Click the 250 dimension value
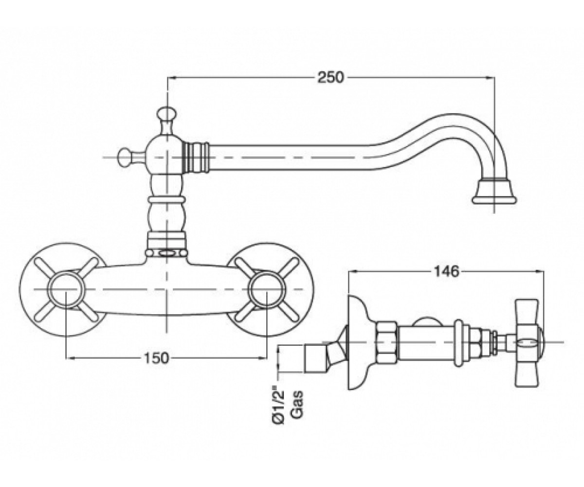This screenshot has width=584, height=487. tap(330, 77)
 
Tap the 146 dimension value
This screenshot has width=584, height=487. tap(446, 271)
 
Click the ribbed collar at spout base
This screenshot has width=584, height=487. tap(196, 158)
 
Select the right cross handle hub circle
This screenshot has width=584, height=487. tap(268, 290)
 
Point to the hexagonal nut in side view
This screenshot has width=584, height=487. tap(387, 342)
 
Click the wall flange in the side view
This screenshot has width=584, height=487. tap(355, 342)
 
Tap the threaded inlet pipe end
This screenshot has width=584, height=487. tap(313, 359)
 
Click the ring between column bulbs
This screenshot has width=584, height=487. tap(167, 200)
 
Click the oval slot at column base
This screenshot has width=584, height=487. tap(167, 253)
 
